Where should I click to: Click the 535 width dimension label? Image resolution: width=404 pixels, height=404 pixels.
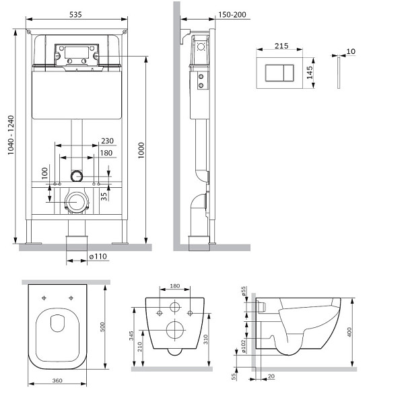tap(75, 14)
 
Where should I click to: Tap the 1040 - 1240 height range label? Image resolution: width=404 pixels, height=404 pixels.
tap(11, 135)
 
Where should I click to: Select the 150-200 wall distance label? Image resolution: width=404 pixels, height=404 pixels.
tap(232, 15)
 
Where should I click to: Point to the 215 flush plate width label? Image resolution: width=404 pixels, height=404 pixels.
tap(281, 46)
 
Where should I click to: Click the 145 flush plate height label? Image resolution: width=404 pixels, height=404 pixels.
tap(310, 73)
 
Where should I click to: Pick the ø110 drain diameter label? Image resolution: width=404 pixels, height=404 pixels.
tap(98, 257)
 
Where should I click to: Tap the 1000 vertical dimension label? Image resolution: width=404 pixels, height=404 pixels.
tap(141, 150)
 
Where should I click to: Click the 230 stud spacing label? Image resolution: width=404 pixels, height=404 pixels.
tap(107, 141)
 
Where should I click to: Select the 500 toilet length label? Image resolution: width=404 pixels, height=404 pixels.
tap(102, 327)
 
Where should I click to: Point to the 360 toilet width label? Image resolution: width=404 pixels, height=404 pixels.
tap(57, 380)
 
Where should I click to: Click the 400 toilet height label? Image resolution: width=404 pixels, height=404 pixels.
tap(349, 332)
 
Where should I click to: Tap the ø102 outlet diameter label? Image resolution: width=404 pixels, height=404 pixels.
tap(243, 346)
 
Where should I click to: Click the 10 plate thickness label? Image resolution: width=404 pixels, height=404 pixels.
tap(351, 51)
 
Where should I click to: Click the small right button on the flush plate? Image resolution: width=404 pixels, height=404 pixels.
tap(288, 73)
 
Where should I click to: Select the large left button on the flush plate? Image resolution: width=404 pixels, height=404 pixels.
tap(275, 73)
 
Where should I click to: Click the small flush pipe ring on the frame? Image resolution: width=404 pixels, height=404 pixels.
tap(77, 176)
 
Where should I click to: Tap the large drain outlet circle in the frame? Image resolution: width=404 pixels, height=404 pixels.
tap(77, 202)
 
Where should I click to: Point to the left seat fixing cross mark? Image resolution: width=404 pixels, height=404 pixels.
tap(44, 298)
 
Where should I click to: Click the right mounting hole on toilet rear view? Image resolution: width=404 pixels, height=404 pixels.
tap(190, 313)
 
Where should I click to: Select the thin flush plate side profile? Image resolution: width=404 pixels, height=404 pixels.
tap(339, 73)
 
